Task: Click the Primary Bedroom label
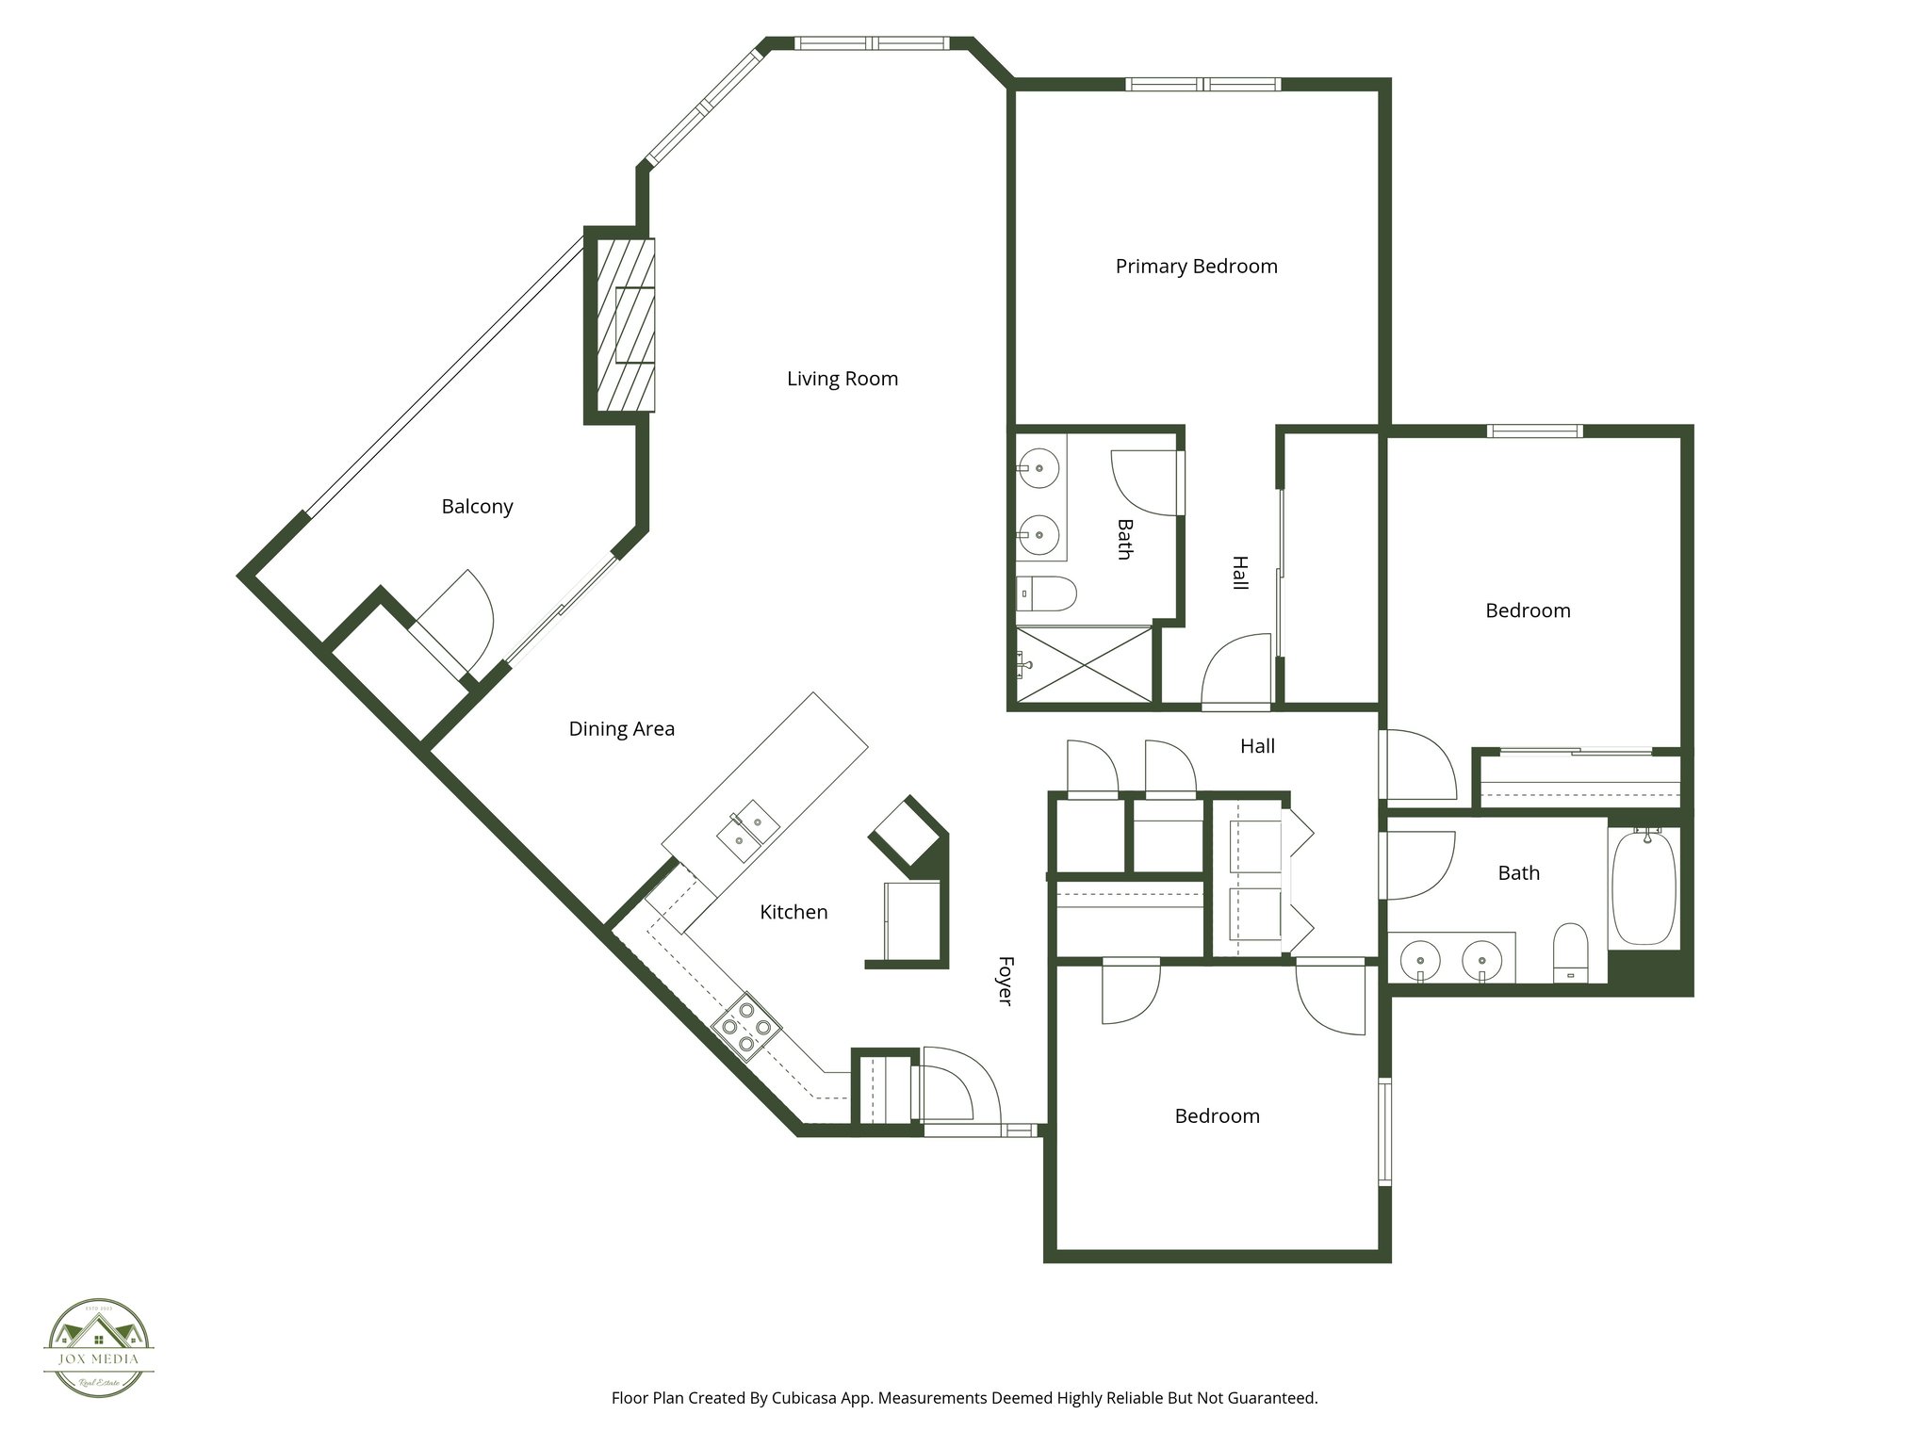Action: (1196, 267)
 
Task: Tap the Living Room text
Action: (842, 379)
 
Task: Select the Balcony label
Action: (477, 507)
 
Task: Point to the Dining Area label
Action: (621, 729)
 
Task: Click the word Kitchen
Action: (793, 912)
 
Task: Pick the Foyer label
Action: (1005, 981)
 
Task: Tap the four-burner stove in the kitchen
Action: (745, 1026)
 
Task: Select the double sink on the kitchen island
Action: (748, 828)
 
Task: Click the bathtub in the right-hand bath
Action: (1644, 886)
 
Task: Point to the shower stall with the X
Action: (1085, 664)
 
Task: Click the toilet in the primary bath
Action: (1049, 594)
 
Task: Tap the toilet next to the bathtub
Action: (1570, 951)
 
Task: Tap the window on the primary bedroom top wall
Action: (1203, 85)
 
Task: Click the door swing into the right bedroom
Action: (1418, 765)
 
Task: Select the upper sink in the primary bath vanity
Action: (1039, 466)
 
